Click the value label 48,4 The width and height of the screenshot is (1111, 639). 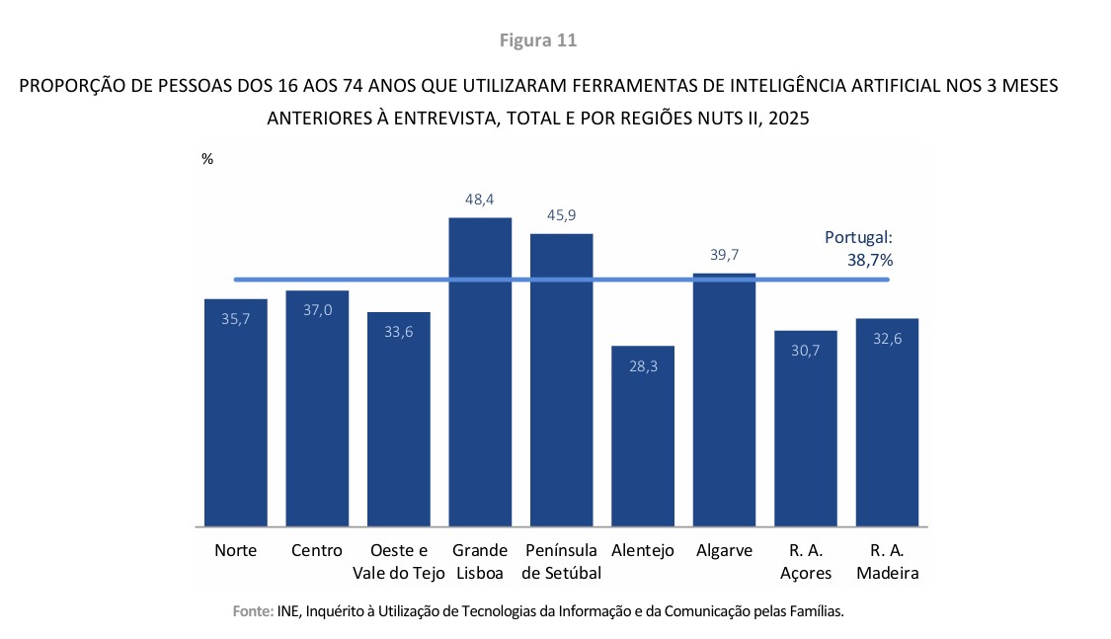(x=480, y=200)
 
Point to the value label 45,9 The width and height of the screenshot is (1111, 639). (x=561, y=215)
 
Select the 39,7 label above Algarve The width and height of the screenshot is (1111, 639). (x=724, y=255)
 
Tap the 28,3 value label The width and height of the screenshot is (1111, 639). (x=643, y=366)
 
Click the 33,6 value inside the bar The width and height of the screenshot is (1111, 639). (x=399, y=332)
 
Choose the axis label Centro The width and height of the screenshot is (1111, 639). (x=317, y=551)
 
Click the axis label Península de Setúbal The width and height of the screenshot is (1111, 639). (x=561, y=562)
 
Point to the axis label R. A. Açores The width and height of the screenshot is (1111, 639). (x=806, y=562)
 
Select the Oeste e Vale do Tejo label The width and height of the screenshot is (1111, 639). (x=399, y=562)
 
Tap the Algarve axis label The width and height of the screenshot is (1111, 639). (x=724, y=551)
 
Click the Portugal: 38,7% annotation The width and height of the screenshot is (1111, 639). (x=858, y=249)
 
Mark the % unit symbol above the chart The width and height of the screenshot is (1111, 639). (x=207, y=159)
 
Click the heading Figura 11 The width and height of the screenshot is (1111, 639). (x=538, y=40)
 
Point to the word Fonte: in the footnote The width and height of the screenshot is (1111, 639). (x=253, y=611)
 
